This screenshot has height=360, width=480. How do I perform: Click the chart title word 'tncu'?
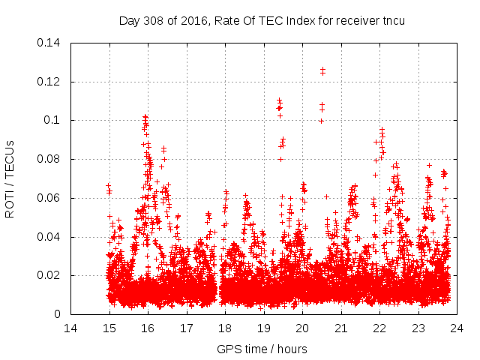(393, 20)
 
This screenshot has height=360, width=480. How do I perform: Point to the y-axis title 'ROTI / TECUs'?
(10, 178)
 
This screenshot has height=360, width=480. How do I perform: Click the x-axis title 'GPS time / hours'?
(262, 349)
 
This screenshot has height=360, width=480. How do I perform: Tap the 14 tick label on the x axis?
(70, 328)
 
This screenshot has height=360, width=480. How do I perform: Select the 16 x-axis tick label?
(148, 328)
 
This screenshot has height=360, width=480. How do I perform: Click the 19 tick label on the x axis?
(263, 328)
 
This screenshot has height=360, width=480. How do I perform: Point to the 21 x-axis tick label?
(340, 328)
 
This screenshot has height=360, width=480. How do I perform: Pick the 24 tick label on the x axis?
(456, 328)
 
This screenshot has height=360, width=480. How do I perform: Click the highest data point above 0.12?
(322, 69)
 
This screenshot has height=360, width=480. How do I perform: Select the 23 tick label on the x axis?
(418, 328)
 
